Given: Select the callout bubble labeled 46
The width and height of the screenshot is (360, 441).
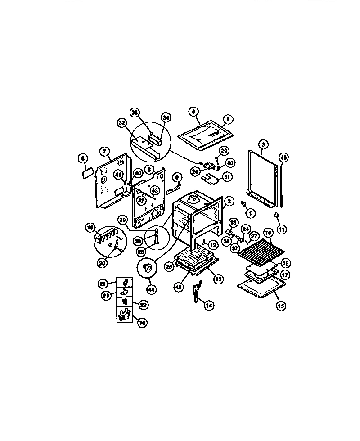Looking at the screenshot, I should (283, 157).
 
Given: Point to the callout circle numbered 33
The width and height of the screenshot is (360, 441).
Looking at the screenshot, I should (134, 112).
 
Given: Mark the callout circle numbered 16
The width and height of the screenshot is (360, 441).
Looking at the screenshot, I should (142, 323).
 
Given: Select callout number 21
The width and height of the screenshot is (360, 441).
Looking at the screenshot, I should (103, 283).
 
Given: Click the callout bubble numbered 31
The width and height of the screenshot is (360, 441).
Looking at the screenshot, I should (227, 177).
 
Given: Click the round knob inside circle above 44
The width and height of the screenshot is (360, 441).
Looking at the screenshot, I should (147, 269).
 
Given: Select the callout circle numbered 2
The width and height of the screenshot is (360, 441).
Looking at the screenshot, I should (229, 202).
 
